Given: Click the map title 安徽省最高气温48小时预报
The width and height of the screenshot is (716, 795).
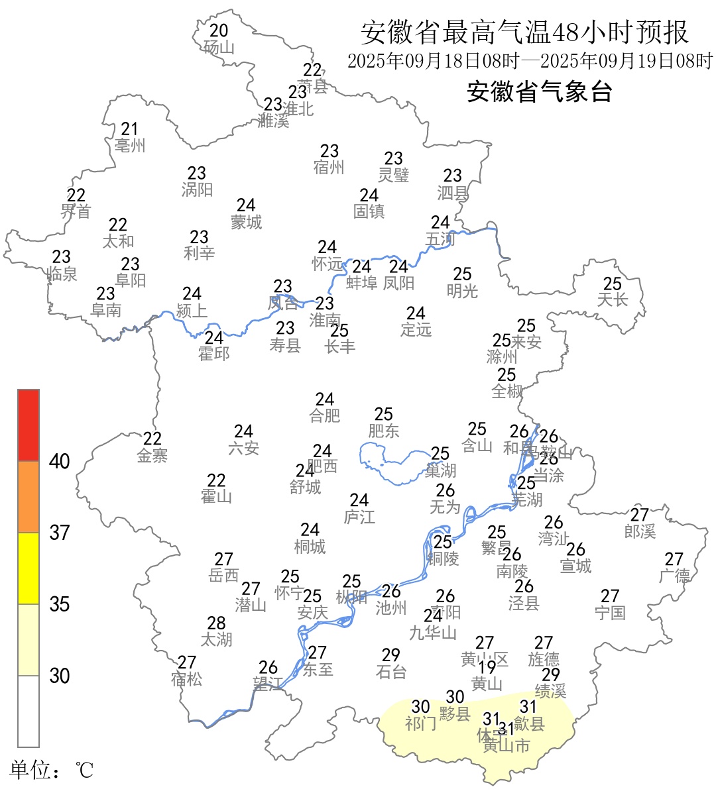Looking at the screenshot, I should click(524, 32).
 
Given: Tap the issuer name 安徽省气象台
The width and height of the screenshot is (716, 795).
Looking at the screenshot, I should click(539, 92).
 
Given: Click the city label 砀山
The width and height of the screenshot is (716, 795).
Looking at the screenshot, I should click(219, 47).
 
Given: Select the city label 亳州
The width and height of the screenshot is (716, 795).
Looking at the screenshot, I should click(129, 146).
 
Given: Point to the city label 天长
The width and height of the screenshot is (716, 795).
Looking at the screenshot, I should click(612, 300).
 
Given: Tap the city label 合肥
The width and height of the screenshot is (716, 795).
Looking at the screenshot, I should click(324, 415).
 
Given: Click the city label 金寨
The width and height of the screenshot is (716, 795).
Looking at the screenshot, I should click(152, 455).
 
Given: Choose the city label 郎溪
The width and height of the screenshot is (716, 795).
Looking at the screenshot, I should click(640, 531).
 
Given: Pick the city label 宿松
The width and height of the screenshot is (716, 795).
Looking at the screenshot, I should click(186, 679).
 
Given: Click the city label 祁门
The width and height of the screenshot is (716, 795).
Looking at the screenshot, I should click(420, 723).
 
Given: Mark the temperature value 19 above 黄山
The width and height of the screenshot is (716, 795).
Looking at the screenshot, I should click(487, 667).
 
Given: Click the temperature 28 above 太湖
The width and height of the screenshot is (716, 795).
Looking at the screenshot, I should click(216, 623).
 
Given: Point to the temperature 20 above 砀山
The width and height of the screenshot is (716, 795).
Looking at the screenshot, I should click(219, 30).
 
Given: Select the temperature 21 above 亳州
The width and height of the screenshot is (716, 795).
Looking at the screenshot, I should click(129, 129).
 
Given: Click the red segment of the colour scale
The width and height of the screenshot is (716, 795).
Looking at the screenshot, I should click(29, 425).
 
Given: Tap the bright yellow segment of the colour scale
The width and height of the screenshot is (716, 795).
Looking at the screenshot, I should click(29, 568).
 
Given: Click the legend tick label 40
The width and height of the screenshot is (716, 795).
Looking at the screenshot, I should click(60, 462).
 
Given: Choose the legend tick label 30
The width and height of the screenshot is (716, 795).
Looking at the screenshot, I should click(60, 676).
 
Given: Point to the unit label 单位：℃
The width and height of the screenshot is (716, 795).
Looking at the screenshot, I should click(52, 770).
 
